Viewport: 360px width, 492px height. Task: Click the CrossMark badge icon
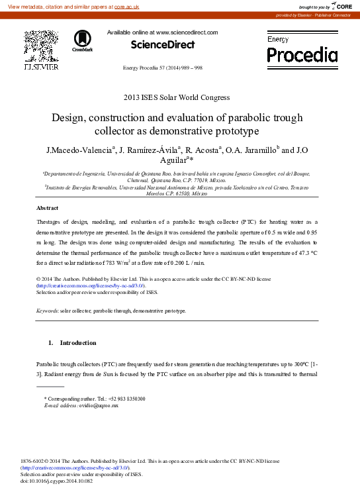tap(83, 40)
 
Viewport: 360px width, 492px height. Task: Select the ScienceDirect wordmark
tap(163, 44)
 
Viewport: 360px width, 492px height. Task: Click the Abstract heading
tap(47, 208)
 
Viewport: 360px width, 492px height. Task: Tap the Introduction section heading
tap(78, 343)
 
